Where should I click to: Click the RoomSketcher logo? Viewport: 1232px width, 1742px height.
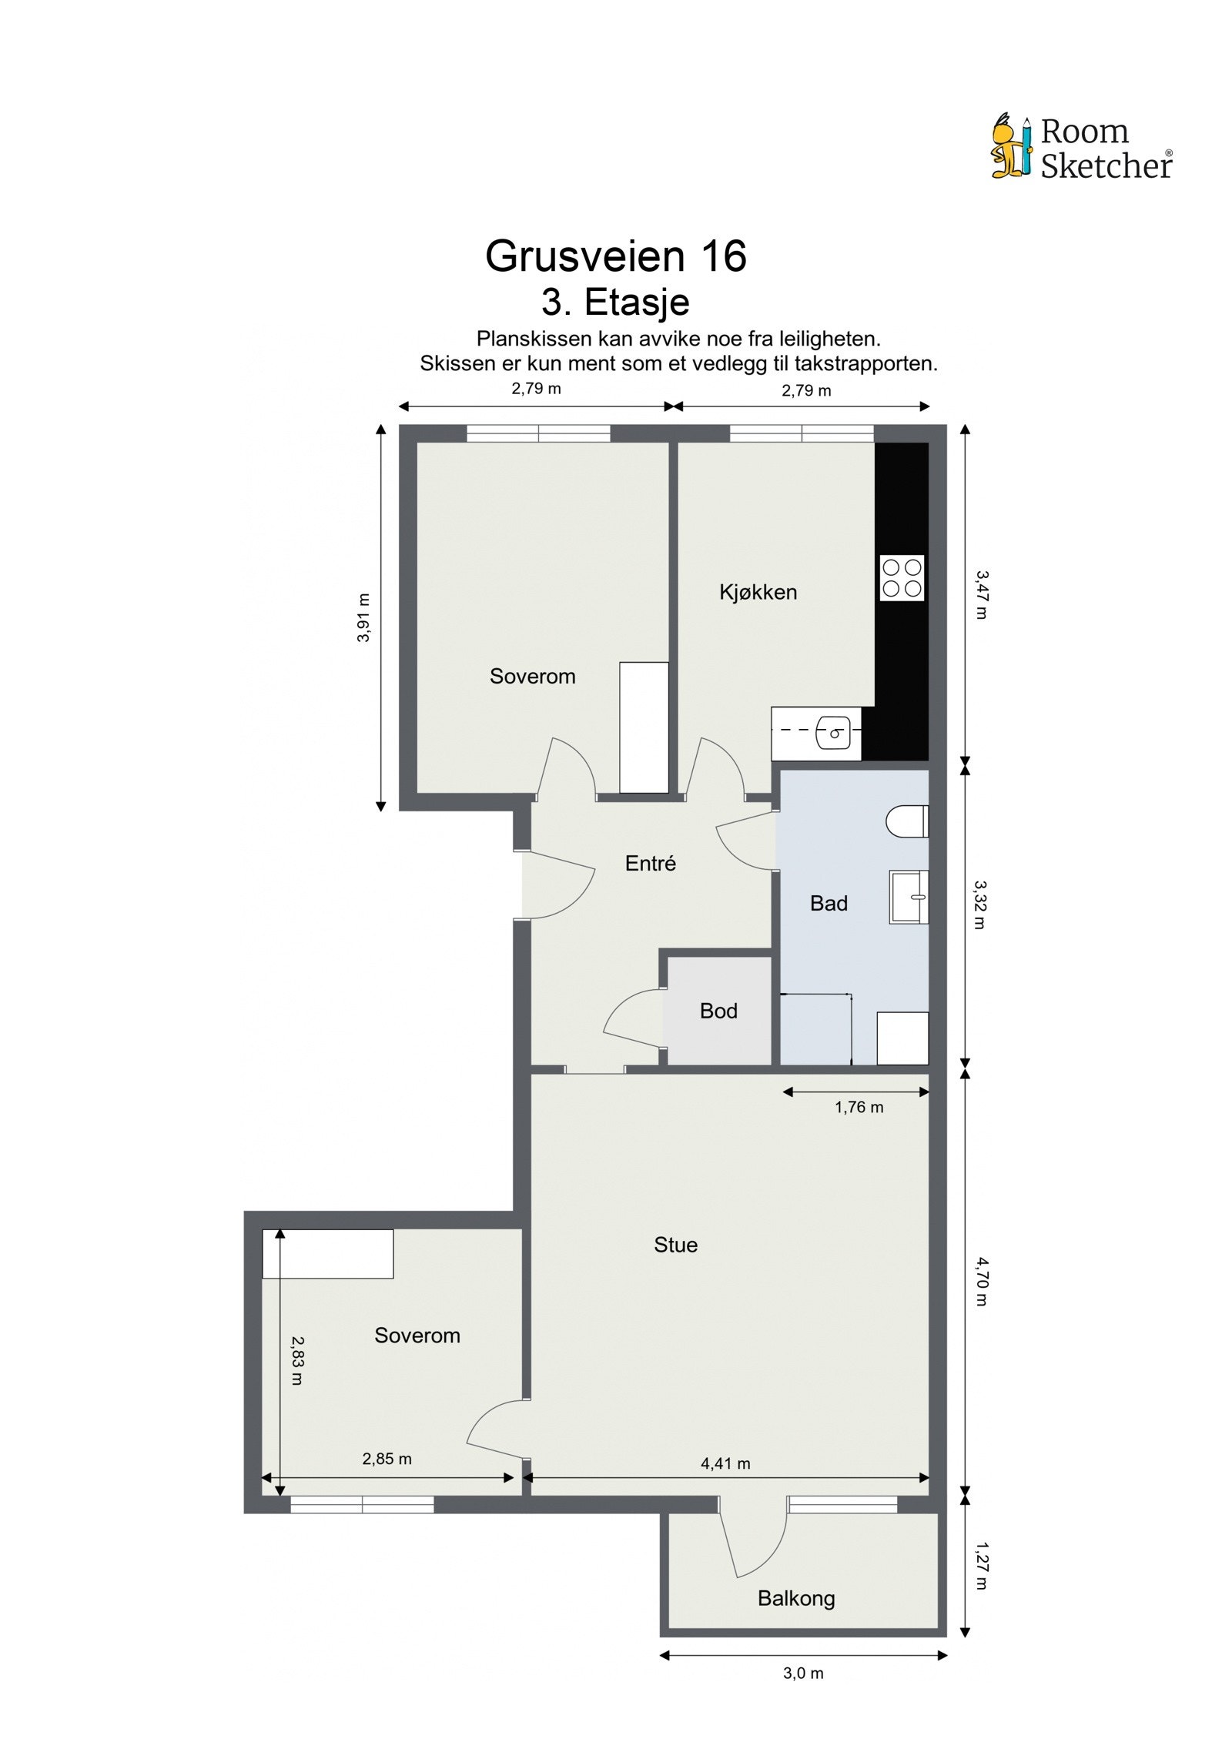[x=1081, y=147]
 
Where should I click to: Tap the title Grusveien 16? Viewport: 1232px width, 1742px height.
[x=615, y=256]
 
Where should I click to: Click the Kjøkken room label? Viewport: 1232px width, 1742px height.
[x=758, y=592]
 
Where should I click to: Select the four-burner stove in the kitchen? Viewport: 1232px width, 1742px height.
[x=902, y=578]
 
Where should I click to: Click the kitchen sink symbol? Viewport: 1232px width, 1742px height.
[x=833, y=732]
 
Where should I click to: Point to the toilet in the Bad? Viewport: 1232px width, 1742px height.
[x=907, y=821]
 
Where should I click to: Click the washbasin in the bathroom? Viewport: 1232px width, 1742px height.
[x=909, y=897]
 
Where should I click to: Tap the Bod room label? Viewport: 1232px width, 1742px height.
[x=718, y=1011]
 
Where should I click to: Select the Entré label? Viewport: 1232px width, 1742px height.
[x=651, y=863]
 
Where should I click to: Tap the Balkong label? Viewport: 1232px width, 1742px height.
[x=796, y=1599]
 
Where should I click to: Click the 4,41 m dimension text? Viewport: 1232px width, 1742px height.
[x=725, y=1463]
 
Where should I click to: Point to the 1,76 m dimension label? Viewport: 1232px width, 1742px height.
[x=859, y=1108]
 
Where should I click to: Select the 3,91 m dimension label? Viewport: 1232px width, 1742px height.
[x=363, y=617]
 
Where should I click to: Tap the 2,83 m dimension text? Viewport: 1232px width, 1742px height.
[x=297, y=1360]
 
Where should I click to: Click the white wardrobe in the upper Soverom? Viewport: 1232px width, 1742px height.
[x=644, y=727]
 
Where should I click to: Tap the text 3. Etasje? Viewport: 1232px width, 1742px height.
[x=615, y=302]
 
